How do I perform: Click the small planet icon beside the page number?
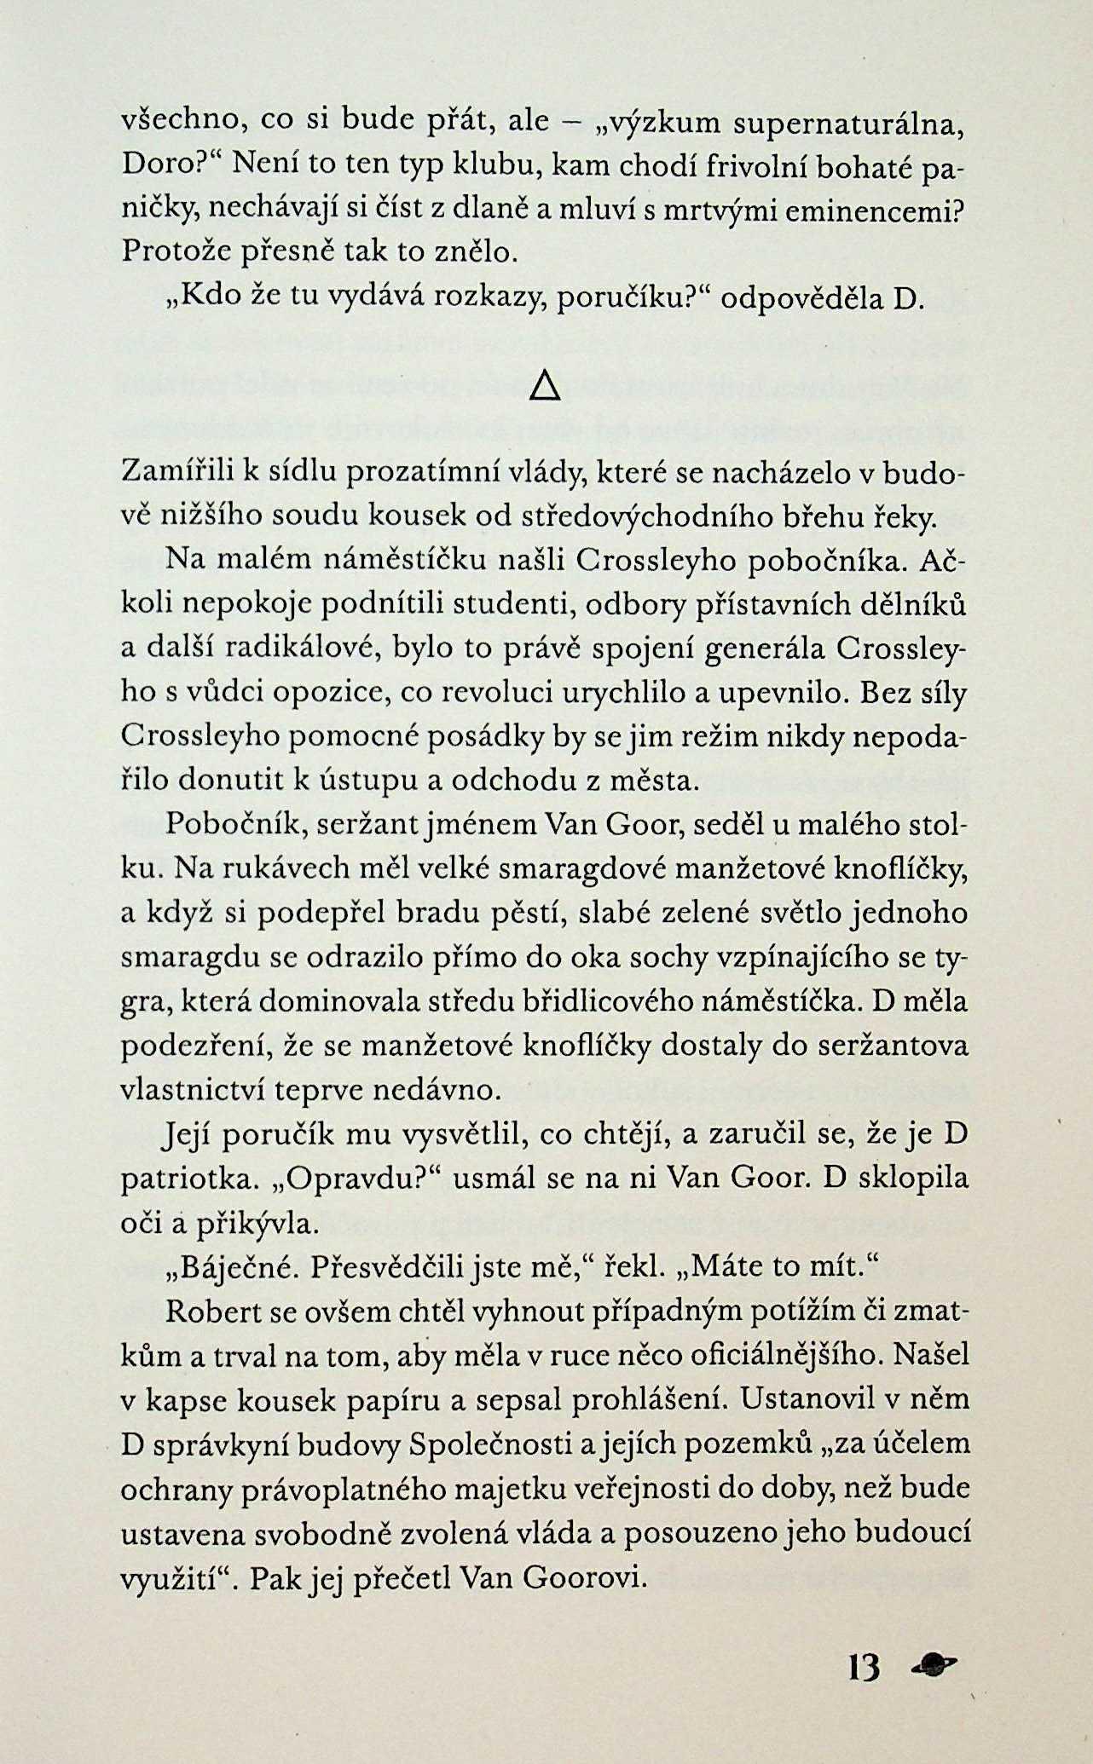pos(934,1662)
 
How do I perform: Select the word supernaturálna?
pos(849,124)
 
